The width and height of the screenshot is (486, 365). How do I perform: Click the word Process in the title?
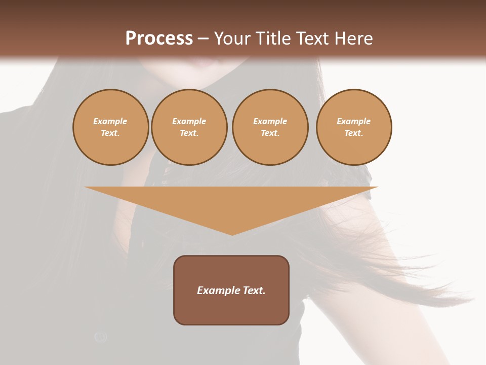(x=159, y=39)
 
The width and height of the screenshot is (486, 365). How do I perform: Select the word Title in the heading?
(x=275, y=39)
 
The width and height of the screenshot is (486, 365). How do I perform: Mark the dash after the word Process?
(x=203, y=39)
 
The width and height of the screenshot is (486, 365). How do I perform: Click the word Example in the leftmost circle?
(x=110, y=121)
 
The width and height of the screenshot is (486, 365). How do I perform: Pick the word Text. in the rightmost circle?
(x=353, y=133)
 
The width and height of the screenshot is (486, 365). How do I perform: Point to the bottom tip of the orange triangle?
(x=232, y=234)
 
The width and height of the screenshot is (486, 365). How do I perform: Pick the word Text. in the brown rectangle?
(x=254, y=290)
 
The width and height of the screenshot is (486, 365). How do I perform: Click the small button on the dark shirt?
(x=101, y=337)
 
